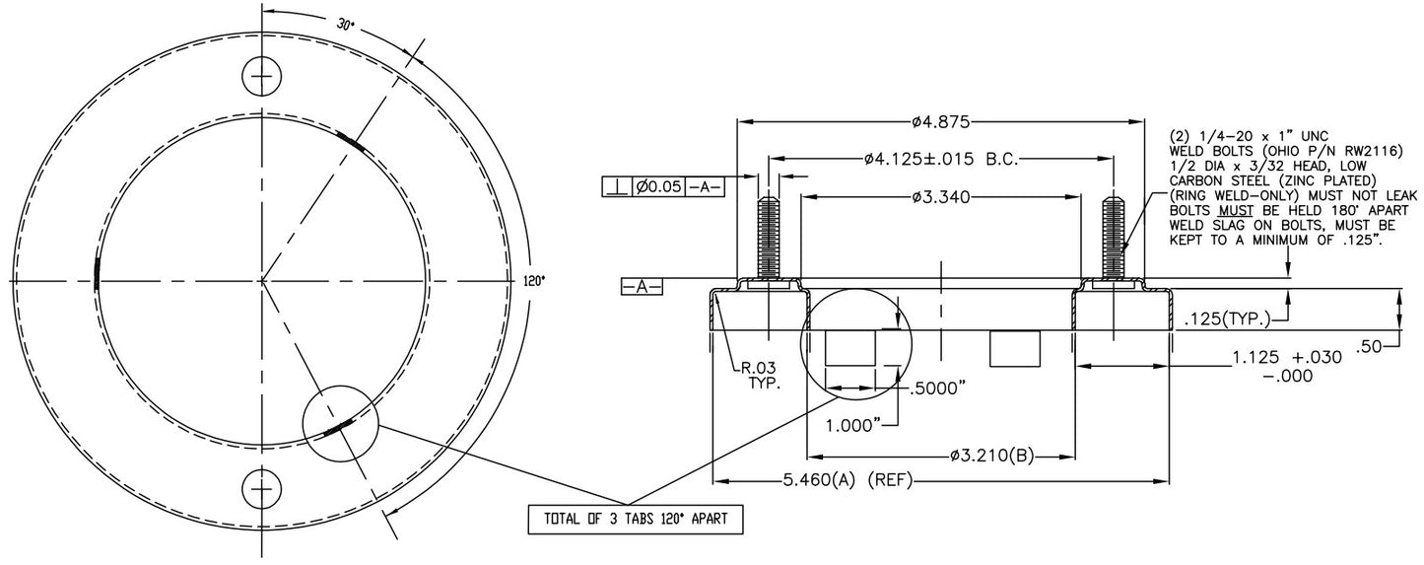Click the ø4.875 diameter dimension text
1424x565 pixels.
pyautogui.click(x=941, y=121)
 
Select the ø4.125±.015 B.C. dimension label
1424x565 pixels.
pyautogui.click(x=941, y=159)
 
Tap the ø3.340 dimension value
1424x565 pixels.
pyautogui.click(x=941, y=197)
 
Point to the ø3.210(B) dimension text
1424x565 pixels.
pyautogui.click(x=992, y=456)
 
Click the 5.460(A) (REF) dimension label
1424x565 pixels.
pyautogui.click(x=848, y=480)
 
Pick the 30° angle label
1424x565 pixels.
pyautogui.click(x=345, y=25)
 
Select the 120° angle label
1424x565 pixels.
pyautogui.click(x=535, y=280)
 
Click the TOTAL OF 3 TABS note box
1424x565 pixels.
pyautogui.click(x=636, y=520)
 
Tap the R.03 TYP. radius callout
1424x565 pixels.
pyautogui.click(x=760, y=376)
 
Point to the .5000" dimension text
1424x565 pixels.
pyautogui.click(x=938, y=388)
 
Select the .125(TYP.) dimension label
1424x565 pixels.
pyautogui.click(x=1227, y=319)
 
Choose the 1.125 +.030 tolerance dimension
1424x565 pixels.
pyautogui.click(x=1287, y=366)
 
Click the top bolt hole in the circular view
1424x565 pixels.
pyautogui.click(x=261, y=76)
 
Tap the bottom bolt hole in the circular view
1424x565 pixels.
pyautogui.click(x=261, y=489)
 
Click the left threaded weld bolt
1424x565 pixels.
pyautogui.click(x=770, y=238)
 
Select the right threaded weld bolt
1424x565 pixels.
pyautogui.click(x=1114, y=238)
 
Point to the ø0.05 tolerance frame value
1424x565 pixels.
pyautogui.click(x=658, y=187)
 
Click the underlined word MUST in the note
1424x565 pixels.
pyautogui.click(x=1236, y=211)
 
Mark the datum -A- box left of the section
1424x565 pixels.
pyautogui.click(x=642, y=287)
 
